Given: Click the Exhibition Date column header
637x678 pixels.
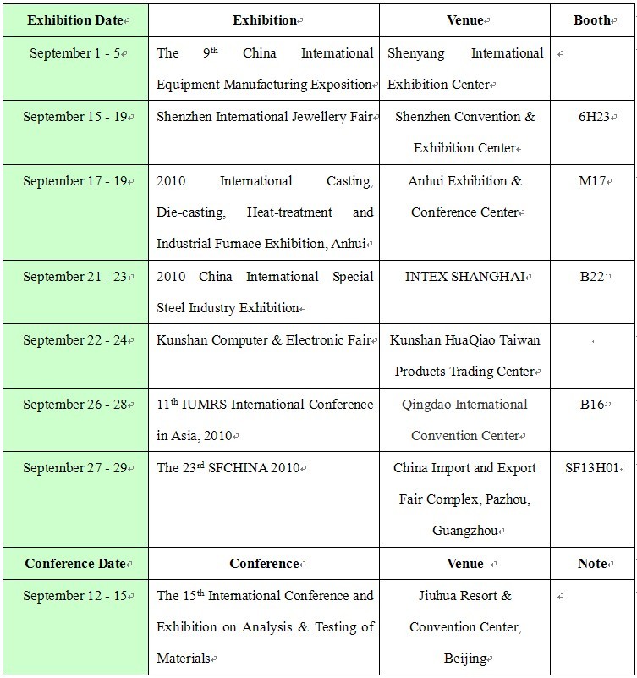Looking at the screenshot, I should pyautogui.click(x=74, y=19).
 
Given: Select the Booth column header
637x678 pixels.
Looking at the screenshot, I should pyautogui.click(x=592, y=19).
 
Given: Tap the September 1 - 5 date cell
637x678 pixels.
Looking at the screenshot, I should pyautogui.click(x=74, y=52).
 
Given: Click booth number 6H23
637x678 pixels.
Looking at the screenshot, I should pyautogui.click(x=592, y=117).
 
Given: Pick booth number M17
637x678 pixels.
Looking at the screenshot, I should pyautogui.click(x=592, y=181).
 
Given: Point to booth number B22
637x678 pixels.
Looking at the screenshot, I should pyautogui.click(x=592, y=277).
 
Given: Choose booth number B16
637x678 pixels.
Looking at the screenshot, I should pyautogui.click(x=592, y=405).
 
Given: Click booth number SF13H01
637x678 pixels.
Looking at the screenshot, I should pyautogui.click(x=592, y=467).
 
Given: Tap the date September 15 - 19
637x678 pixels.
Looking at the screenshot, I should pyautogui.click(x=74, y=117).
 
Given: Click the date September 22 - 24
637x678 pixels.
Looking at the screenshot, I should pyautogui.click(x=74, y=340).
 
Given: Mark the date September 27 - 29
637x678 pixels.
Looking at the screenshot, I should pyautogui.click(x=74, y=467).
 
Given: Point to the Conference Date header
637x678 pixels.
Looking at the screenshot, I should pyautogui.click(x=74, y=563).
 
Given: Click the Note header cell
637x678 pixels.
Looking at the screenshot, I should pyautogui.click(x=592, y=563).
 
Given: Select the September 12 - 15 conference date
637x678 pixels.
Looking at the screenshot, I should pyautogui.click(x=74, y=596).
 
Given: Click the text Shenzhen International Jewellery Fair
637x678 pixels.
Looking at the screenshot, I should pyautogui.click(x=263, y=117).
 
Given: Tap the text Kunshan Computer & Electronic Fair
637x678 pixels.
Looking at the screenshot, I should pyautogui.click(x=263, y=340).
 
